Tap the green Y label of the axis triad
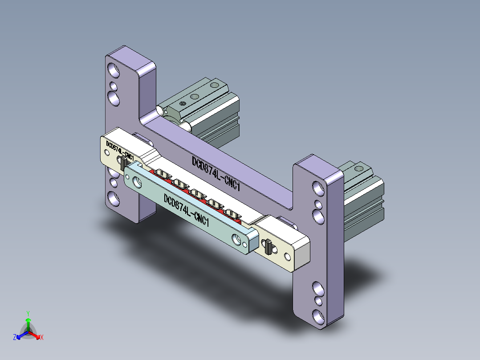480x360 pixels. pos(28,313)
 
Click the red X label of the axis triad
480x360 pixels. pos(42,338)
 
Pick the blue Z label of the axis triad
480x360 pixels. pos(15,338)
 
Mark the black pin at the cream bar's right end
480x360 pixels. pos(268,246)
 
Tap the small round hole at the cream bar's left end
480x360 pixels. pos(108,153)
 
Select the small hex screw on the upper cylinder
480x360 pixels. pos(183,104)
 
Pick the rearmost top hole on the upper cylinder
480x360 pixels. pos(215,85)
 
